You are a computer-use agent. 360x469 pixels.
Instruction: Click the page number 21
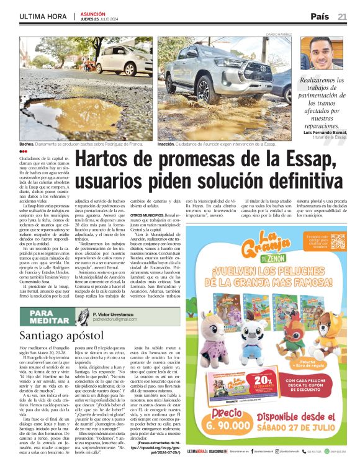[342, 16]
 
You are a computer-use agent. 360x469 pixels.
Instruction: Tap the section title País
[320, 16]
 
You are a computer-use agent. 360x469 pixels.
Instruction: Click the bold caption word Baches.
[28, 143]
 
